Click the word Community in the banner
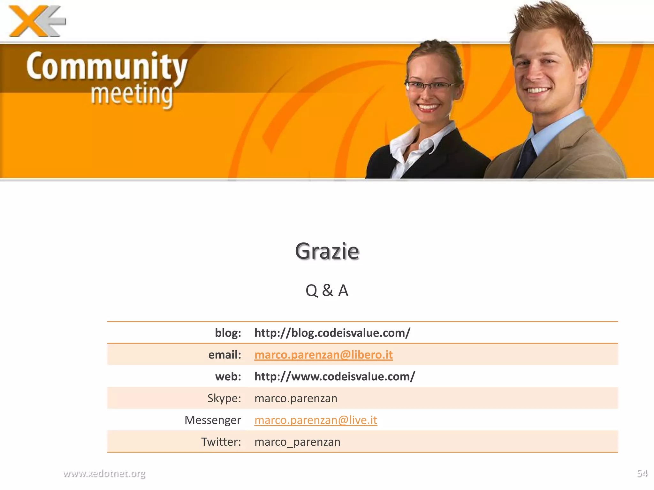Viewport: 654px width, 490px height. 107,66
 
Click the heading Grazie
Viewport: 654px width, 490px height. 327,251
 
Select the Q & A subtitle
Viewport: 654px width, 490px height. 327,290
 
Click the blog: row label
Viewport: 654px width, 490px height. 228,333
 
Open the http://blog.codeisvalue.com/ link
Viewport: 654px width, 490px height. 332,333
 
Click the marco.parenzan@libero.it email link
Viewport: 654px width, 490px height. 323,354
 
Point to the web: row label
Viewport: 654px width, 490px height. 228,376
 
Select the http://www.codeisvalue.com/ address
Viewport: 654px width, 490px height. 334,376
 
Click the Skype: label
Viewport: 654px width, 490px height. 224,398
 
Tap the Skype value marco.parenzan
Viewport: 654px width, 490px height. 296,398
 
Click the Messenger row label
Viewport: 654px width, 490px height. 213,420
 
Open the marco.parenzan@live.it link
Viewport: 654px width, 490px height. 316,420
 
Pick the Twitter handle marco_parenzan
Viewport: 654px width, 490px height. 297,442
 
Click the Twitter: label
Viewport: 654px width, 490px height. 221,442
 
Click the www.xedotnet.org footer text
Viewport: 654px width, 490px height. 104,473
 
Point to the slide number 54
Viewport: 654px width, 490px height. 642,473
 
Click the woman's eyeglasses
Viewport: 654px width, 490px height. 430,86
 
